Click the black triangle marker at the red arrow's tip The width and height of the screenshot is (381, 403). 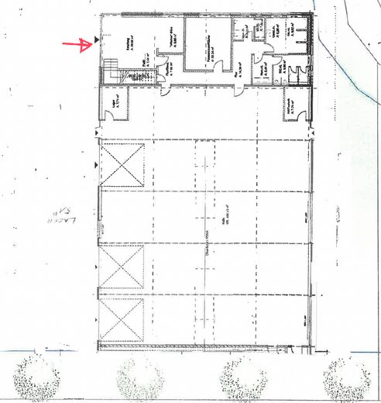(96, 37)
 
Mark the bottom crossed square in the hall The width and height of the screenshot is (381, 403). (122, 319)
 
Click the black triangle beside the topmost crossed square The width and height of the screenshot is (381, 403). (96, 166)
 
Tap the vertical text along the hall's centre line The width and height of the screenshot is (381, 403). (207, 256)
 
